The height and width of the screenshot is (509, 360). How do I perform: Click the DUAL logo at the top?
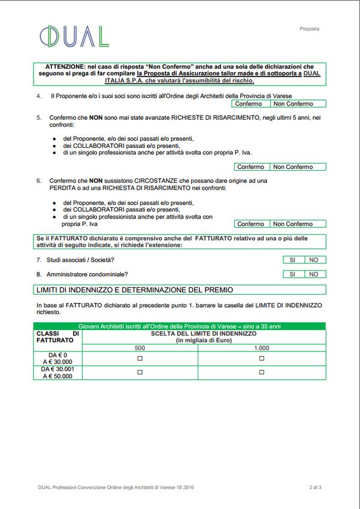coord(74,37)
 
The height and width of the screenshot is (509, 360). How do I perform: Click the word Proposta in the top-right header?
coord(309,29)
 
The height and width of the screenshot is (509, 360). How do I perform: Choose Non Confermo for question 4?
coord(293,104)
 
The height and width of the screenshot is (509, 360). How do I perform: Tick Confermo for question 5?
coord(251,167)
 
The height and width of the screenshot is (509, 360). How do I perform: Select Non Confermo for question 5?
coord(293,167)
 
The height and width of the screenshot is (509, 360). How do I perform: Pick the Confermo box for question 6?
coord(251,224)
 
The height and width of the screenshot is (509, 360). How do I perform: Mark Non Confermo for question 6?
coord(293,224)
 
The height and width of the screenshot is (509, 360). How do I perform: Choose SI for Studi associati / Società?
coord(293,260)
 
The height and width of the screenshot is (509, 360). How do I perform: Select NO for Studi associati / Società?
coord(314,260)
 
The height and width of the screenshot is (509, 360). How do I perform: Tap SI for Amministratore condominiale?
coord(293,274)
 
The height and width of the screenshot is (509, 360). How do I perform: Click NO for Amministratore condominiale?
coord(314,274)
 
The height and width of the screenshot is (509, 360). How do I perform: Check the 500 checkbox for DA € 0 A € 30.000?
coord(140,358)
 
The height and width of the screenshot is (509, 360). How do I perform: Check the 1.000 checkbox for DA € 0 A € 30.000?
coord(262,358)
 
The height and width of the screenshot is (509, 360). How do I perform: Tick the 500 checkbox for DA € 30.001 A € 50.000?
coord(140,372)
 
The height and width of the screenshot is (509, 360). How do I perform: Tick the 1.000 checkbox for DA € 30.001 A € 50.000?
coord(262,372)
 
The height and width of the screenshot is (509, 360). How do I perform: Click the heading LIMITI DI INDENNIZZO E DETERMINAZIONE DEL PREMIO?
coord(135,290)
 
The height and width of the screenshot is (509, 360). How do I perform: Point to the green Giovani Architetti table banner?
coord(179,326)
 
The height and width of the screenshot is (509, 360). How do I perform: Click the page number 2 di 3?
coord(315,487)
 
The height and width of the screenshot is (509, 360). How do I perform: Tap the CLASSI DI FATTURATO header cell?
coord(58,337)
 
